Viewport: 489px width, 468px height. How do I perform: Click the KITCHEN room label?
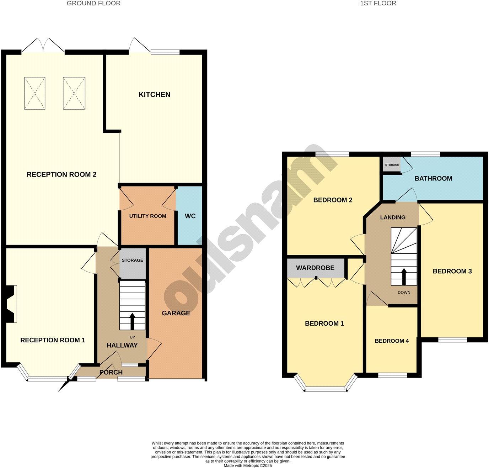coord(154,94)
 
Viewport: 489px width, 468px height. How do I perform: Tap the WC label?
coord(190,216)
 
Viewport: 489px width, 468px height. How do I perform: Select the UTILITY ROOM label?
coord(147,216)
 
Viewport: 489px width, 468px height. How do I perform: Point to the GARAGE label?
coord(176,313)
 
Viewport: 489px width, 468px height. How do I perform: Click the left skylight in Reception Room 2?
coord(35,93)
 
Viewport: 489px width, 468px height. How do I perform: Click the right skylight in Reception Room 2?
coord(74,93)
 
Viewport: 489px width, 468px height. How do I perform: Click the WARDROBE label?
coord(315,268)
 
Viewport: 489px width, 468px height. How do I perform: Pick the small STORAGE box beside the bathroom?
coord(392,165)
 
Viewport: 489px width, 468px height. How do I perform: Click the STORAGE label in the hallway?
coord(133,260)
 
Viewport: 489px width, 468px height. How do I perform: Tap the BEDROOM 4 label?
coord(392,341)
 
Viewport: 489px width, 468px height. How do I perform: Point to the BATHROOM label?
coord(433,178)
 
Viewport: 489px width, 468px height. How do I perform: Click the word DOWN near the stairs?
coord(404,293)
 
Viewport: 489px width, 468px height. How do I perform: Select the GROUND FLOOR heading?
coord(94,3)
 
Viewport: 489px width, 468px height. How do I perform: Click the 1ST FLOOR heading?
coord(378,3)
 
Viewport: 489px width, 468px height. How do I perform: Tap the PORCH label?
coord(111,372)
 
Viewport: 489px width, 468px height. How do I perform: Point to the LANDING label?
coord(393,217)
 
